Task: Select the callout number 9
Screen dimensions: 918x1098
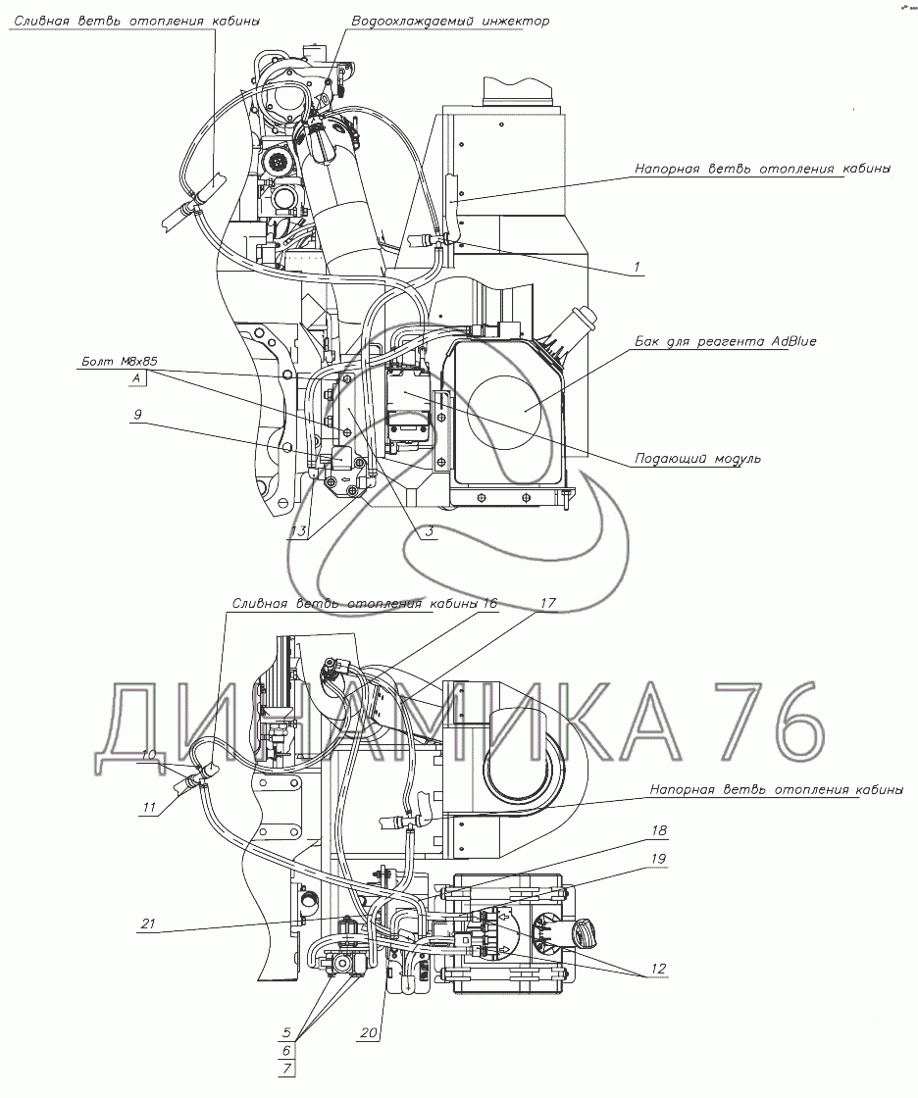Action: click(x=138, y=416)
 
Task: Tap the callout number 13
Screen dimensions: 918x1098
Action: click(x=298, y=532)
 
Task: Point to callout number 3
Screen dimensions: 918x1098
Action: click(x=429, y=532)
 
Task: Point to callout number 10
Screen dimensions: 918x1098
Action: click(x=148, y=754)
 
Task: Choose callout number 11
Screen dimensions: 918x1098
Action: click(x=150, y=808)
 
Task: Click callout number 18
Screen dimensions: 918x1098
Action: click(x=656, y=831)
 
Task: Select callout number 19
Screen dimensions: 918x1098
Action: click(x=656, y=858)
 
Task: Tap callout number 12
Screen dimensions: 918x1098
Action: click(x=656, y=969)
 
